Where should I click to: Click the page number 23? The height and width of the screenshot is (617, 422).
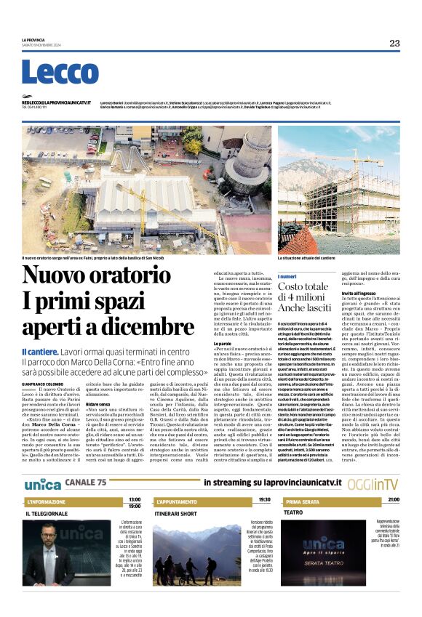tap(394, 43)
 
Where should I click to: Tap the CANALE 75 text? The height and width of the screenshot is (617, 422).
tap(85, 483)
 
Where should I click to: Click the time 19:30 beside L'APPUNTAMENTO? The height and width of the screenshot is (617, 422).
tap(264, 500)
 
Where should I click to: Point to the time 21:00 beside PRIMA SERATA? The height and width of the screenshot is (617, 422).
tap(394, 500)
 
